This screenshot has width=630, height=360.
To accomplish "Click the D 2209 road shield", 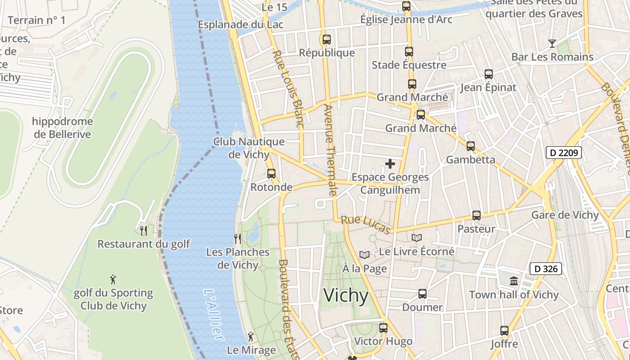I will (564, 153).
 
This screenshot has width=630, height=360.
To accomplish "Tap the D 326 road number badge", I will (546, 269).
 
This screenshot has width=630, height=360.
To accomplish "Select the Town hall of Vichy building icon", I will (513, 281).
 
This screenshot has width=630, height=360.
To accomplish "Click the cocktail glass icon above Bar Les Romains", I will (552, 44).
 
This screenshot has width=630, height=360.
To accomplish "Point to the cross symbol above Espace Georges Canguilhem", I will (390, 164).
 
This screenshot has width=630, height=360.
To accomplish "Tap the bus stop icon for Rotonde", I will (271, 173).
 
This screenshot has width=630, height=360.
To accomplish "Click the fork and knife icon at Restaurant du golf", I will (144, 230).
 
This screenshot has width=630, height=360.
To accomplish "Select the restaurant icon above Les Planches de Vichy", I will (238, 238).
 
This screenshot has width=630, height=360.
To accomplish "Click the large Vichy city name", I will (346, 296).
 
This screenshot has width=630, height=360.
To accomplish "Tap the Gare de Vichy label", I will (565, 215).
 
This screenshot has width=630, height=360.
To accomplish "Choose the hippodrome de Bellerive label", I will (62, 128).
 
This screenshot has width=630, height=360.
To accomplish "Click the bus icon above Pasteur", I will (476, 216).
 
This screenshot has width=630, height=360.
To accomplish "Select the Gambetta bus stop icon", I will (470, 146).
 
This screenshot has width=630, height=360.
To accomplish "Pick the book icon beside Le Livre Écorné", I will (417, 238).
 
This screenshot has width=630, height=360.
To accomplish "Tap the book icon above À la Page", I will (364, 255).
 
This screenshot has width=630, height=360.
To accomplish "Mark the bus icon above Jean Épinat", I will (488, 74).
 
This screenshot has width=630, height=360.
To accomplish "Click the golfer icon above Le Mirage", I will (251, 337).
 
